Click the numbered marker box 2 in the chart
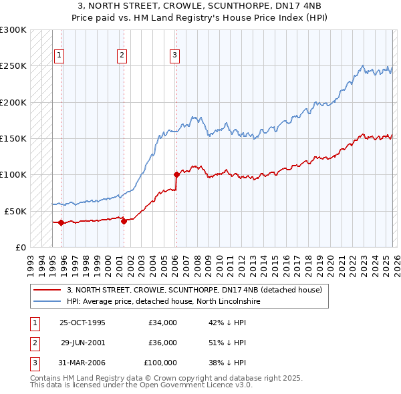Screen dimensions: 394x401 point(122,55)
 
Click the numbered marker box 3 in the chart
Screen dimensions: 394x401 point(174,55)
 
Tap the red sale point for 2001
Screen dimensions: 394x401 point(124,221)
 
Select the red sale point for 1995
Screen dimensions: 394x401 point(61,222)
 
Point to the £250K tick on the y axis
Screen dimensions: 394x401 point(13,66)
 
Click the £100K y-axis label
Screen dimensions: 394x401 point(13,174)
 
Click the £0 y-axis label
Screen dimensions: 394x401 point(20,247)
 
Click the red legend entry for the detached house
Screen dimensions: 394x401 point(194,290)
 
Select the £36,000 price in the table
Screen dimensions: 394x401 point(162,343)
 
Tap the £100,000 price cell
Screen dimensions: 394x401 point(160,363)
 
